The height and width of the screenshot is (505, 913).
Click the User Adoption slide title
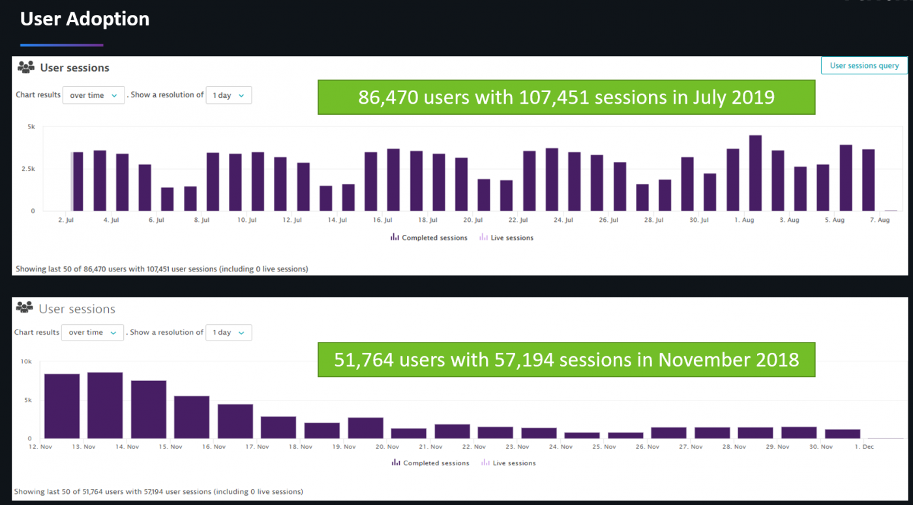point(85,20)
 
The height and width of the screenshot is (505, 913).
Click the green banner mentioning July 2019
point(566,97)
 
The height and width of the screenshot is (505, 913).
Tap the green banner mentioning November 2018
point(566,360)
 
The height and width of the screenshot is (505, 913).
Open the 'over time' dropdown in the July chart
point(93,95)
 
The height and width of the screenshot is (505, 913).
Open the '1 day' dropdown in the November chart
point(228,333)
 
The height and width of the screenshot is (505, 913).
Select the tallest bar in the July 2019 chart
point(755,173)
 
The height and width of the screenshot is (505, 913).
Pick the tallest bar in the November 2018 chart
point(105,405)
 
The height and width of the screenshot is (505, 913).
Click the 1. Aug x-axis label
point(744,221)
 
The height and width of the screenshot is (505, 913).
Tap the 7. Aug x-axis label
point(879,221)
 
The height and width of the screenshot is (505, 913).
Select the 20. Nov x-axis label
point(387,447)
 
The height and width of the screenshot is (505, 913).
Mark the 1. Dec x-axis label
point(864,447)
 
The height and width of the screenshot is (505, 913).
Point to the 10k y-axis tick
point(26,361)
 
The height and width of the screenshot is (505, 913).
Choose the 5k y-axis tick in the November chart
point(28,400)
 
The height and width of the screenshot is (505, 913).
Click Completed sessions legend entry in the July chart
point(429,238)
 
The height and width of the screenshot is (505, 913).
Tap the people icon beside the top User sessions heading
point(26,67)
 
